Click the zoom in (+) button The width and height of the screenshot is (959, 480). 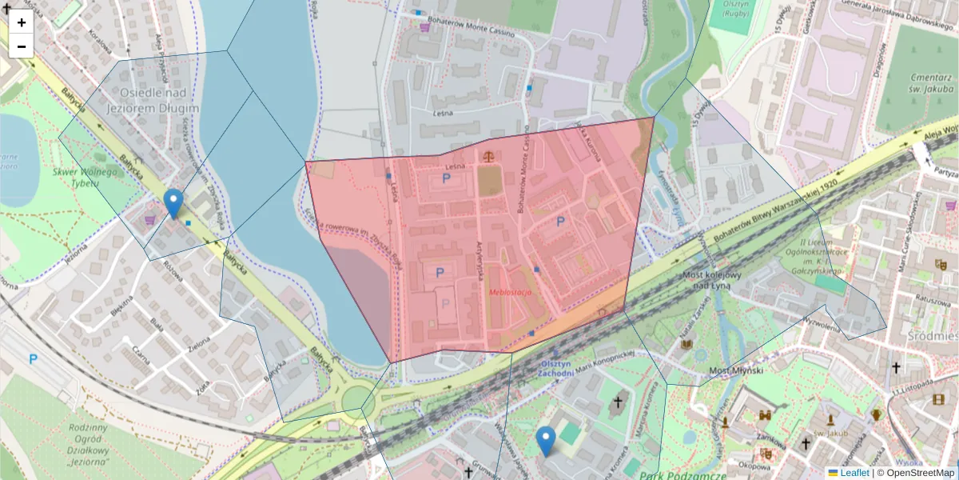pyautogui.click(x=22, y=22)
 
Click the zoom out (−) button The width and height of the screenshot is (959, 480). pyautogui.click(x=22, y=46)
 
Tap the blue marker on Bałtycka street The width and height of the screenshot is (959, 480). pyautogui.click(x=173, y=203)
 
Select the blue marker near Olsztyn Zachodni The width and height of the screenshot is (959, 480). pyautogui.click(x=546, y=441)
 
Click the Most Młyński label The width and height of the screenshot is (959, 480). pyautogui.click(x=736, y=371)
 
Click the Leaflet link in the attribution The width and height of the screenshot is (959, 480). pyautogui.click(x=854, y=473)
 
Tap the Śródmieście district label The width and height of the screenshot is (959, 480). pyautogui.click(x=933, y=336)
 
